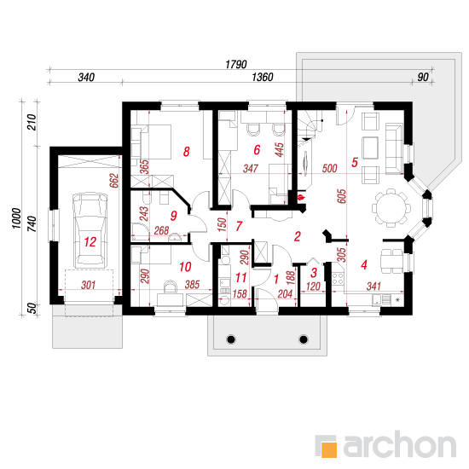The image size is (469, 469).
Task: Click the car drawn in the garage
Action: point(90,230)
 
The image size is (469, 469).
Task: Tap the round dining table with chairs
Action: point(391,207)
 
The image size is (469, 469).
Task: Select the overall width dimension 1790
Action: point(236,64)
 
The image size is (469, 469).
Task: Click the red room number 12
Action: point(90,241)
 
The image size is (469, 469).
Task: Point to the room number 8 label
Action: point(187,152)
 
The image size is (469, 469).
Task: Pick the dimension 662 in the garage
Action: point(114,181)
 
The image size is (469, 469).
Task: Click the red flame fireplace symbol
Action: point(301,198)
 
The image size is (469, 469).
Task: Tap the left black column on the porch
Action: point(231,339)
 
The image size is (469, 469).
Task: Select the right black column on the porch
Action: point(304,339)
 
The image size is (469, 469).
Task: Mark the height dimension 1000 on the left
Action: point(16,218)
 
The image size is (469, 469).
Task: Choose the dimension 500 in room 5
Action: point(330,168)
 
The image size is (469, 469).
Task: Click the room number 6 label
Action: point(257,150)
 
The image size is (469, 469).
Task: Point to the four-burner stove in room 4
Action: point(338,279)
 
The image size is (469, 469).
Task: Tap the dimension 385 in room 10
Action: point(192,285)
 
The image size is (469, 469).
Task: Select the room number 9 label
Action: point(173,216)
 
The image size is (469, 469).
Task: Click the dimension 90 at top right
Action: point(423,77)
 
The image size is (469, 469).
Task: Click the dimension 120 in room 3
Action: point(313,287)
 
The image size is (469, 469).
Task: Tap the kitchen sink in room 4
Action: point(382,300)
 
